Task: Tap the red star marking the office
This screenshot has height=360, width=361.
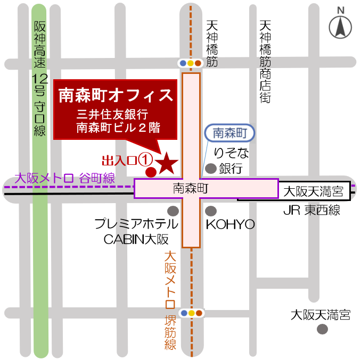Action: [x=167, y=162]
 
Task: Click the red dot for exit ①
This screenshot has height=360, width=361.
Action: [x=151, y=172]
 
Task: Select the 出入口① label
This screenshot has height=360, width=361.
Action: [x=127, y=160]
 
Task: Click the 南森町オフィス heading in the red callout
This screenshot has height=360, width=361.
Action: [x=116, y=95]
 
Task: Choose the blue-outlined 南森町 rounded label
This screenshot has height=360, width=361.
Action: [x=230, y=133]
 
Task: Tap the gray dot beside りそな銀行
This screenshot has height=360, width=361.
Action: [x=211, y=169]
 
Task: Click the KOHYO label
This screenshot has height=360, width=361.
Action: [x=230, y=224]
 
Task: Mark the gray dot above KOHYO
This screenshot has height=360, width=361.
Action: [x=211, y=210]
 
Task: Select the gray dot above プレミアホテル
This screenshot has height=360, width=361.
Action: [x=173, y=210]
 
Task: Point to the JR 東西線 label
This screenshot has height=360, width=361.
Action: [x=311, y=211]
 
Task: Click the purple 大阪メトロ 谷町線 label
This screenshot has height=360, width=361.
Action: [x=65, y=178]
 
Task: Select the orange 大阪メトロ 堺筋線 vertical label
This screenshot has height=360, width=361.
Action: [x=170, y=300]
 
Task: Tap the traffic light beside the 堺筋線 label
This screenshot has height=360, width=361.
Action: [x=191, y=313]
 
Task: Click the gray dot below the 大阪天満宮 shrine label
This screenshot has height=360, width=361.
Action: [x=322, y=329]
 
